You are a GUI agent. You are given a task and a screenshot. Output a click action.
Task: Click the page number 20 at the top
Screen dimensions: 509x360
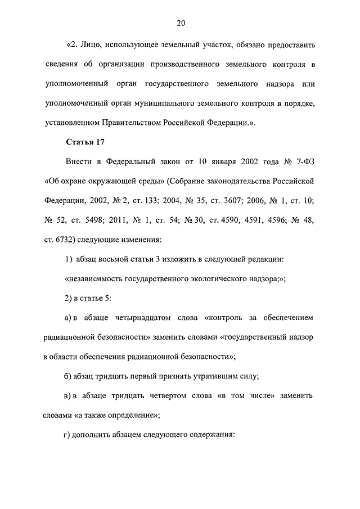point(180,23)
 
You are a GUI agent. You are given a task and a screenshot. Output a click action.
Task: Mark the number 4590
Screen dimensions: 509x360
point(232,219)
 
